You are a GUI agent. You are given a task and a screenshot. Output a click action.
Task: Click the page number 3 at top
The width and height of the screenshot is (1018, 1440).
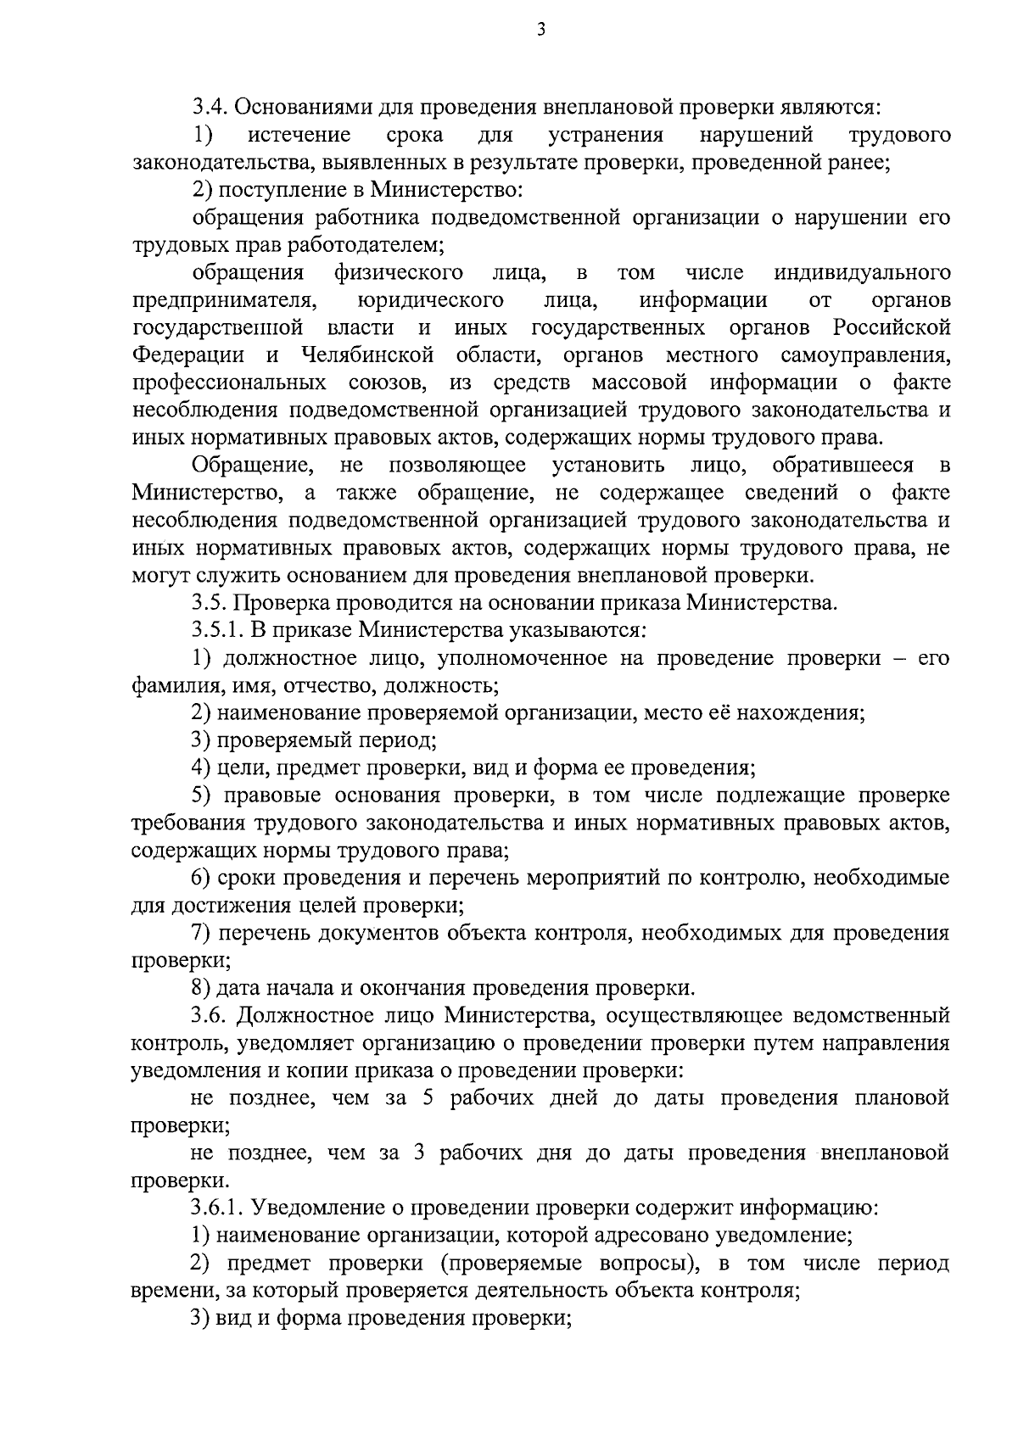541,32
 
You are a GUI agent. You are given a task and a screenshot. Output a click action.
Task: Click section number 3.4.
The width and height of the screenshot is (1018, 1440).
209,107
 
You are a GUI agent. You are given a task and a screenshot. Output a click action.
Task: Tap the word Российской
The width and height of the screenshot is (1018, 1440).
891,327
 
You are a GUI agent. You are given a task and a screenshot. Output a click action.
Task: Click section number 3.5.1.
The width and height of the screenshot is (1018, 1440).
218,630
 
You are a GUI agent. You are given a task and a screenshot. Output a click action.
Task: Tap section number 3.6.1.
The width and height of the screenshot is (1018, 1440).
218,1208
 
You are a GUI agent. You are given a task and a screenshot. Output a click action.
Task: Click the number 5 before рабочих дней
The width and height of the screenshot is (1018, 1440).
427,1098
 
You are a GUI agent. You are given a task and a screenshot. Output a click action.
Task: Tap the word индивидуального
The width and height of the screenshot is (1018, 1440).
862,272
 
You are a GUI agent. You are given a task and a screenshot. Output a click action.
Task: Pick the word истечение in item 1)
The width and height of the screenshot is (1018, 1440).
299,135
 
